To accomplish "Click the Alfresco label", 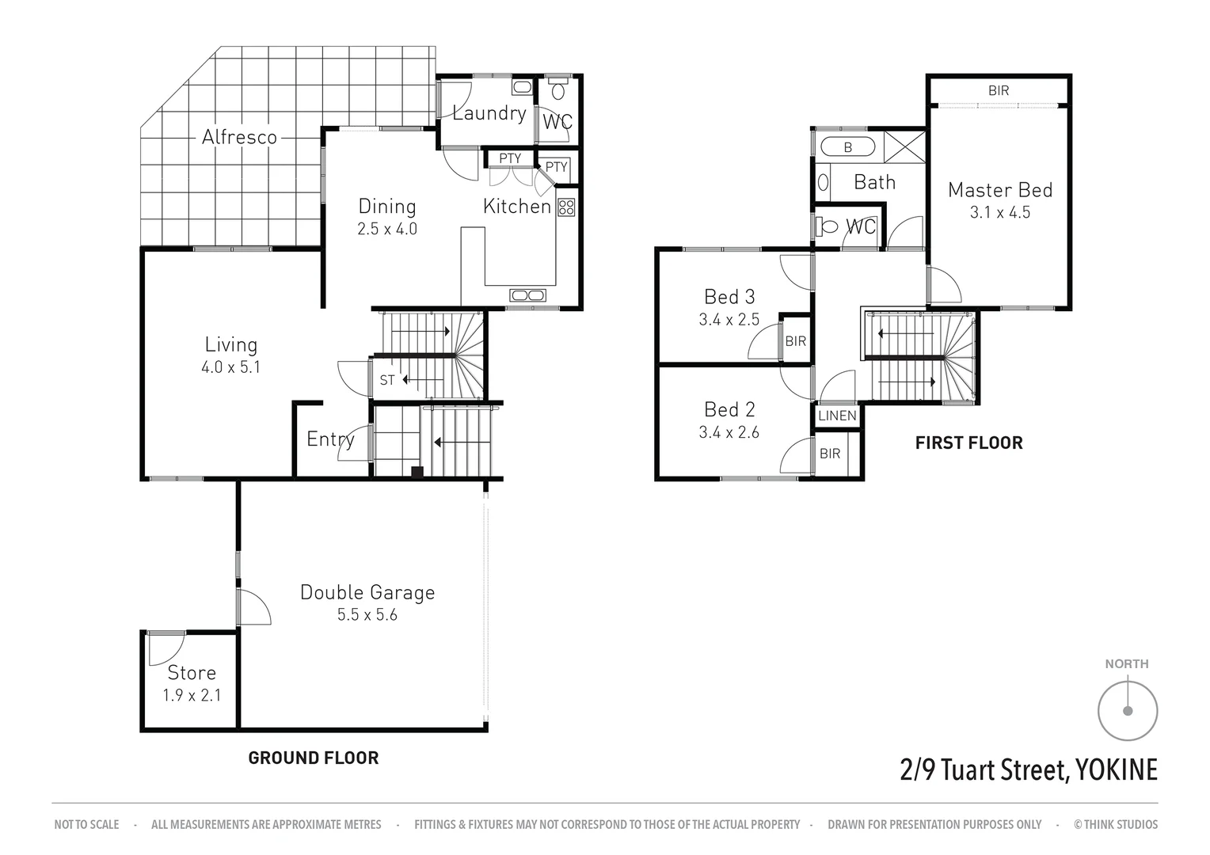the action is point(239,137).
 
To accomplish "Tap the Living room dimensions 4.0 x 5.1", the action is point(230,367).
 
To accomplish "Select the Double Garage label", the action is point(367,592).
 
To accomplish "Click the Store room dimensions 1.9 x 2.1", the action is point(192,695).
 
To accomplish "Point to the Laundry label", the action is point(489,113).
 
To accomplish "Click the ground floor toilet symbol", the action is point(558,89).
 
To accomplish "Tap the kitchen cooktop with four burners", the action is point(565,207).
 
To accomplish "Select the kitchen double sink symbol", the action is point(527,295).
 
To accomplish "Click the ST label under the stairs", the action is point(386,380).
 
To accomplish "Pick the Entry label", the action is point(330,439).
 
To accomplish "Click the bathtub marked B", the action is point(847,146).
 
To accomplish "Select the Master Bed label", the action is point(999,190).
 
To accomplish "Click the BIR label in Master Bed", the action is point(999,90).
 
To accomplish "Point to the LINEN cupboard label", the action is point(837,416).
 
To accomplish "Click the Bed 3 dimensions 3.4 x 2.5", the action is point(729,320).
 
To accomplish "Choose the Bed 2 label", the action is point(729,409).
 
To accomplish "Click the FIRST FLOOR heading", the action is point(968,443).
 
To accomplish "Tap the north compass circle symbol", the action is point(1127,710).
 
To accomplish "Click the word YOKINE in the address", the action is point(1115,769).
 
